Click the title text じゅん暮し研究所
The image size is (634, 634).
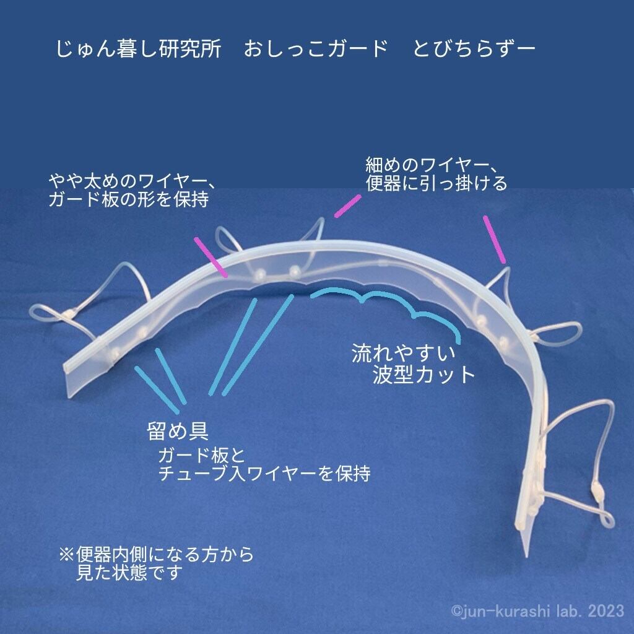(x=139, y=50)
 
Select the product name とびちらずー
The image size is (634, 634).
(x=474, y=50)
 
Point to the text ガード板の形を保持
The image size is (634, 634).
(x=128, y=201)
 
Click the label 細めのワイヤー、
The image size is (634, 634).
(x=428, y=165)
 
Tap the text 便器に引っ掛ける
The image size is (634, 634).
(x=436, y=183)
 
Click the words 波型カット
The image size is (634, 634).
(x=423, y=375)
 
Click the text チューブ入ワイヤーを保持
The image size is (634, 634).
(x=264, y=474)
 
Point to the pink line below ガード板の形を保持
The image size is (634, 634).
(x=209, y=254)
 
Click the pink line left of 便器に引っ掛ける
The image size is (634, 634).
(x=347, y=206)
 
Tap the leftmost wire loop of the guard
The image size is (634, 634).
(x=46, y=313)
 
